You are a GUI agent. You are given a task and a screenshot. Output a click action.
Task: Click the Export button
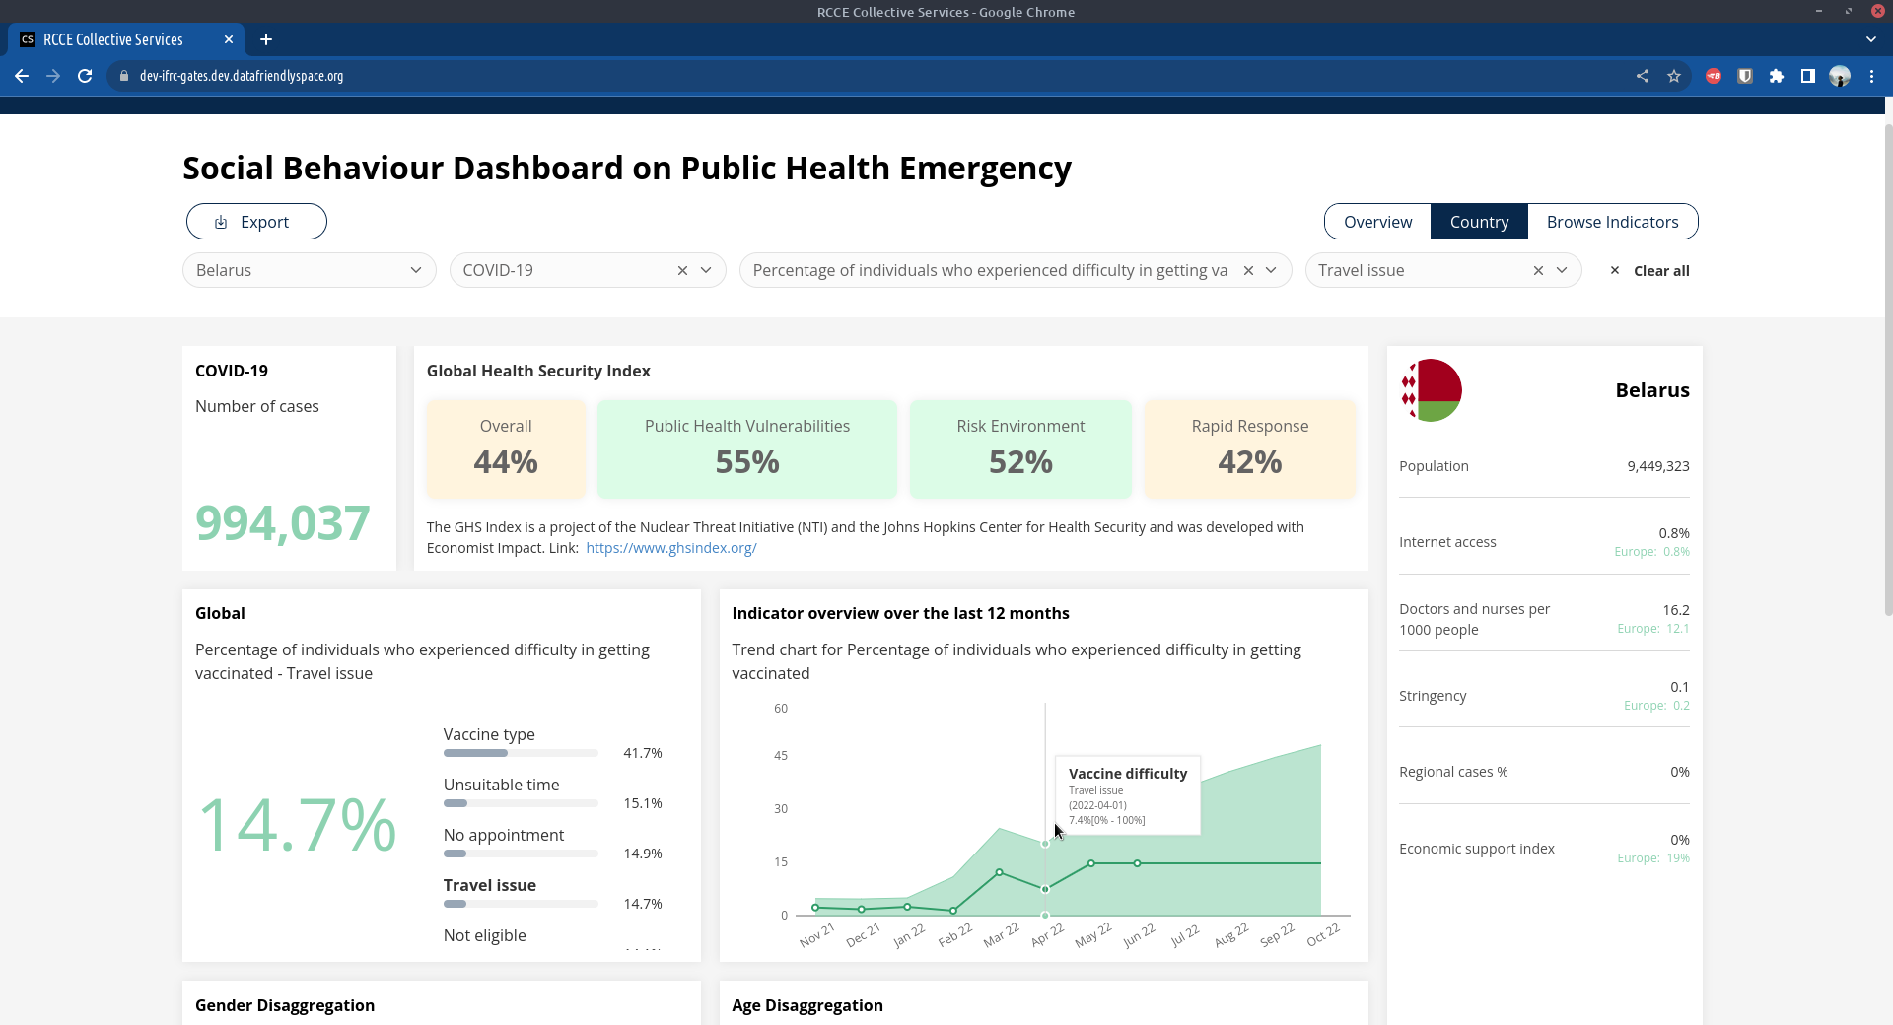tap(256, 222)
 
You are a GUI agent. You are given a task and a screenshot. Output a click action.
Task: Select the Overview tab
tap(1377, 222)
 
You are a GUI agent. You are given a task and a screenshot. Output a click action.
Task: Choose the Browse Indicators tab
tap(1612, 222)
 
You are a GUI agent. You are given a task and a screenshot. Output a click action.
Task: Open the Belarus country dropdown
tap(309, 270)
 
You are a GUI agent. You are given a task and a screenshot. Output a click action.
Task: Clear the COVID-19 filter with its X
tap(682, 270)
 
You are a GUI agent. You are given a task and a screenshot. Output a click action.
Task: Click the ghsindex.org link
tap(670, 548)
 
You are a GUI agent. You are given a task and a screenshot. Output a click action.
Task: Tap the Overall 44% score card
tap(506, 447)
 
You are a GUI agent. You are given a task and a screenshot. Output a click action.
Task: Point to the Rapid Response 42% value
tap(1249, 462)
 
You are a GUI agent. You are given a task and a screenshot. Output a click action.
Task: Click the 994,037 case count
tap(283, 522)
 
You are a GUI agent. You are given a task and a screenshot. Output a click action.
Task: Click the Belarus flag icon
tap(1431, 390)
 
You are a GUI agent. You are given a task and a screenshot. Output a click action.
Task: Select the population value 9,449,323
tap(1657, 466)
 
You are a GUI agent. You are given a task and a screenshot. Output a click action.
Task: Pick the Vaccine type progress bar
tap(521, 753)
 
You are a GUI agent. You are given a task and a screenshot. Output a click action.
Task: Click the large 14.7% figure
tap(297, 824)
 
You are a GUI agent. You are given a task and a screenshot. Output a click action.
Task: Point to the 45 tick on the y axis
tap(781, 756)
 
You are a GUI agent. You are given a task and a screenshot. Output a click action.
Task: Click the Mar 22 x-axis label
tap(1001, 935)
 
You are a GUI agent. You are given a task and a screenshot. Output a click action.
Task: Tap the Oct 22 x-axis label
tap(1323, 934)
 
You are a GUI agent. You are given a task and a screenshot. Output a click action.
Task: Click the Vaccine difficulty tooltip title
tap(1127, 774)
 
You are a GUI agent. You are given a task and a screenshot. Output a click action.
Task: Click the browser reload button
tap(85, 76)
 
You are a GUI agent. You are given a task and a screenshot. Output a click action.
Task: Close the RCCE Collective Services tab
tap(229, 39)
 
